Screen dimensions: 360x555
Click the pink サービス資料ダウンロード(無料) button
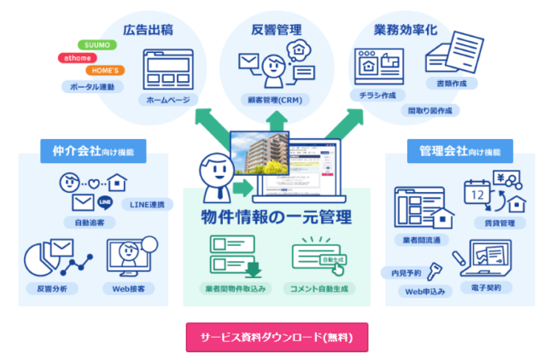[277, 337]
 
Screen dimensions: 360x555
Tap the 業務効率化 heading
[405, 30]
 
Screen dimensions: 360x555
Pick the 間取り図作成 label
[431, 110]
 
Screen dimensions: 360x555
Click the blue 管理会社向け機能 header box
[460, 152]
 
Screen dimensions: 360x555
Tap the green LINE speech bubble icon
[106, 202]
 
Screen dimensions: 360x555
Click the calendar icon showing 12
[477, 194]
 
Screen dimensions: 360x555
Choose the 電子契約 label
[483, 288]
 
